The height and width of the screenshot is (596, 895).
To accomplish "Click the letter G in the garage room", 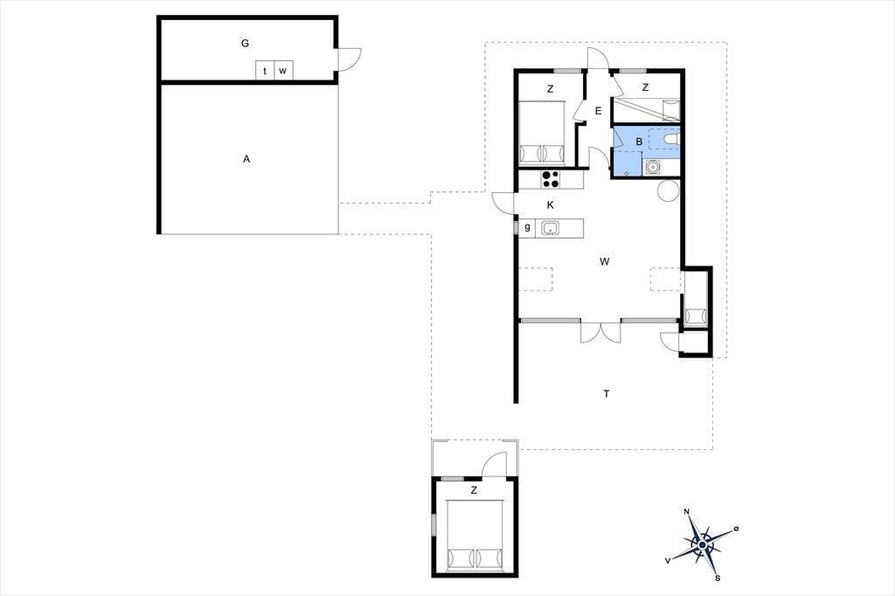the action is [x=245, y=43].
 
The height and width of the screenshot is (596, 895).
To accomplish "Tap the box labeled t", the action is [x=265, y=71].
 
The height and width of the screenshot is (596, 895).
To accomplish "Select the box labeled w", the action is [x=284, y=71].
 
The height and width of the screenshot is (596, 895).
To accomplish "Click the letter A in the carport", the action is [x=246, y=159].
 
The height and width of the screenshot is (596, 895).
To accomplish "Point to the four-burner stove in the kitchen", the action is [x=551, y=179].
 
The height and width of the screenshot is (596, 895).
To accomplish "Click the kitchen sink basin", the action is [x=551, y=228].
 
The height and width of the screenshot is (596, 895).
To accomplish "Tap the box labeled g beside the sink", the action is [x=527, y=227].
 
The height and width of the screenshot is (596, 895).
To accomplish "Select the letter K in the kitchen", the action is [x=551, y=205].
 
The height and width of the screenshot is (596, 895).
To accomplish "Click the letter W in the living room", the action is [x=605, y=261].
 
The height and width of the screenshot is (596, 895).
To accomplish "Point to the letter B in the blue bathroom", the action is [x=639, y=142].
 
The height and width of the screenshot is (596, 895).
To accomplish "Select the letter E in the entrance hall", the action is [x=598, y=111].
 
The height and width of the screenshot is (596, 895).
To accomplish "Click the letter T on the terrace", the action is [x=607, y=393].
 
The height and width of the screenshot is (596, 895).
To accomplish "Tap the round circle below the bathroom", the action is [x=669, y=191].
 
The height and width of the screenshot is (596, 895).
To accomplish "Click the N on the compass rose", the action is [x=687, y=511].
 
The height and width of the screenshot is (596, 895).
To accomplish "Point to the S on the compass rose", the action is [x=718, y=579].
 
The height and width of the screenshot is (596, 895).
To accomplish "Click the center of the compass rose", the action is [x=702, y=545].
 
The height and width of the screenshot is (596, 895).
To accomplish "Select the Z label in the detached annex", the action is [x=474, y=490].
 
